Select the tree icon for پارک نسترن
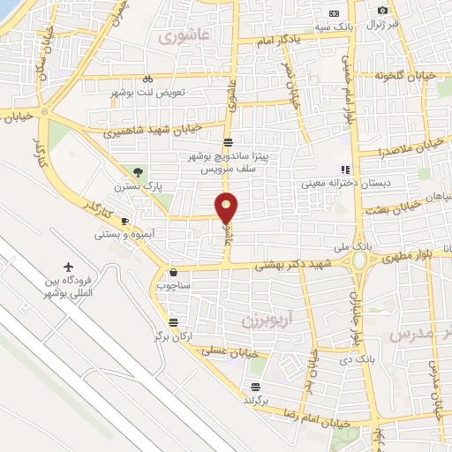click(x=137, y=171)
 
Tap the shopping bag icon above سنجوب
click(x=172, y=272)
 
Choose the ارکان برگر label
click(x=173, y=336)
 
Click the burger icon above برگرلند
click(x=255, y=386)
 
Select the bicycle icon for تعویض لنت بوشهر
click(x=148, y=77)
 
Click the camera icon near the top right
click(x=382, y=10)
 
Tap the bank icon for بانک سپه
click(x=334, y=13)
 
